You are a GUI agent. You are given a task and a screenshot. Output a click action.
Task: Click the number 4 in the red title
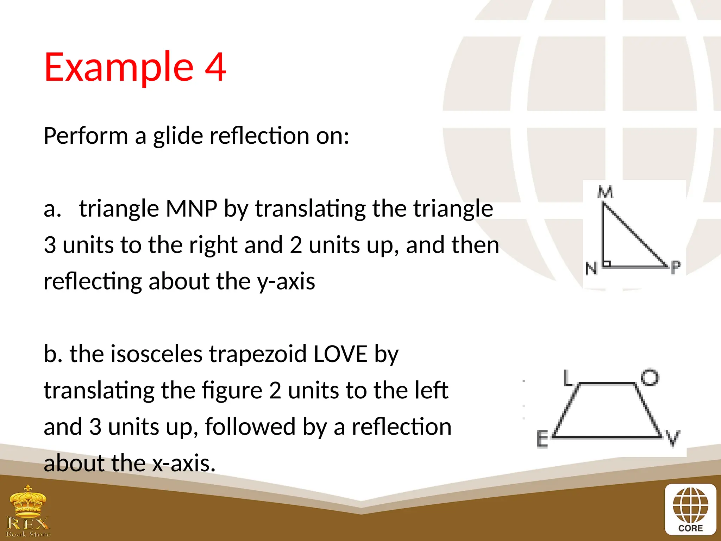tap(215, 67)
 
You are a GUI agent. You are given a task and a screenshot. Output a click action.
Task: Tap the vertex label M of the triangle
tap(605, 192)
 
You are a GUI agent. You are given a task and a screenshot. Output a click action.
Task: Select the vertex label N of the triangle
tap(591, 269)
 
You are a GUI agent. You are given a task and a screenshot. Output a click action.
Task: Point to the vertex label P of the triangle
tap(676, 267)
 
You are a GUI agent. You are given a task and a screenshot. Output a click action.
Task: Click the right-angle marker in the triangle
tap(607, 263)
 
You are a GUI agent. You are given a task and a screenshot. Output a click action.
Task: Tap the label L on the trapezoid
tap(567, 378)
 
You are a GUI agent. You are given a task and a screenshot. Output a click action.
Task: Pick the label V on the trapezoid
tap(673, 438)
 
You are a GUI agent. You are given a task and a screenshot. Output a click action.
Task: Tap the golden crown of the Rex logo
tap(28, 500)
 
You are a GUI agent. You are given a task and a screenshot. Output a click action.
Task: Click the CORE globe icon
tap(690, 506)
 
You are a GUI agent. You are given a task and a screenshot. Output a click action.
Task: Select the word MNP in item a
tap(191, 209)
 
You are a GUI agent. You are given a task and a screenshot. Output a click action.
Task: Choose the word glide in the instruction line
tap(178, 136)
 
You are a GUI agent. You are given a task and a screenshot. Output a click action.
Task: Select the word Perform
tap(86, 136)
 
